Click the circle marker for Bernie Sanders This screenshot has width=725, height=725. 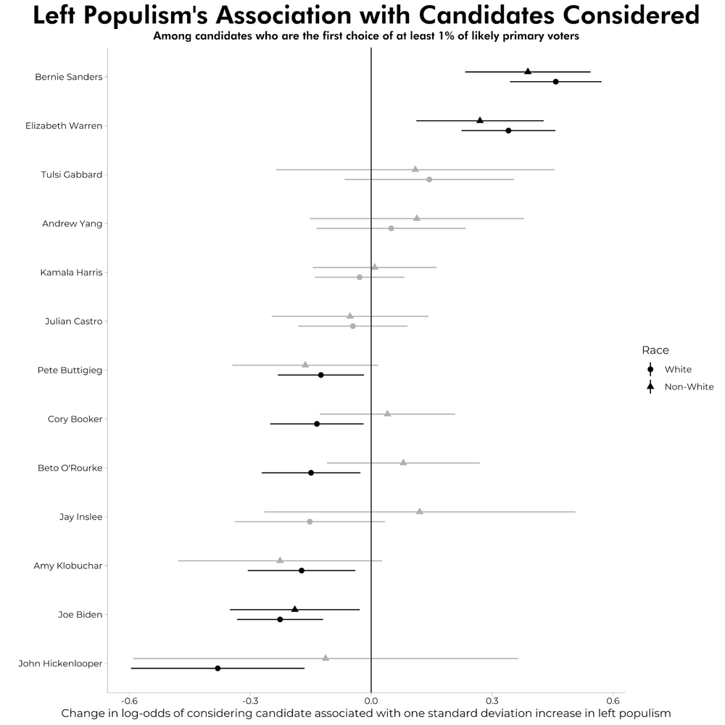pos(555,82)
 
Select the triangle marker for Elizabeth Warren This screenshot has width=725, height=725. pos(480,120)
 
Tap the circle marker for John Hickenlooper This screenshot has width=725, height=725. pos(217,668)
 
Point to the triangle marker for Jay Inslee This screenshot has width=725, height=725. pos(420,511)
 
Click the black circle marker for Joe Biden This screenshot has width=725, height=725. pos(280,620)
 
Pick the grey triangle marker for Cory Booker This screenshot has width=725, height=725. pos(387,413)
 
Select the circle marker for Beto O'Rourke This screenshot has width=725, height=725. pos(311,473)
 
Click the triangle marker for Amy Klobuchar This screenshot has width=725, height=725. pos(280,560)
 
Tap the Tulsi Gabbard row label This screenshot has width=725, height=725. pos(72,175)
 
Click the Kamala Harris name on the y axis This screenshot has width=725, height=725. pos(71,273)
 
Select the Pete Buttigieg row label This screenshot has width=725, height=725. pos(70,370)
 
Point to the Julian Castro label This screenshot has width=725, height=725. pos(73,321)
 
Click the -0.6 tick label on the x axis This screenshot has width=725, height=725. pos(129,700)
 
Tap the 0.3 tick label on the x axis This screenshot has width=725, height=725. pos(492,700)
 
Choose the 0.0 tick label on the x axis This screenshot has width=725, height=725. pos(371,700)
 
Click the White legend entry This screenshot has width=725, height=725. pos(677,370)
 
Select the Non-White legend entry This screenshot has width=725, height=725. pos(688,387)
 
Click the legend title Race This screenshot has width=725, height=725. pos(655,350)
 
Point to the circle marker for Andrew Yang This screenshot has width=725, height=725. pos(391,228)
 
